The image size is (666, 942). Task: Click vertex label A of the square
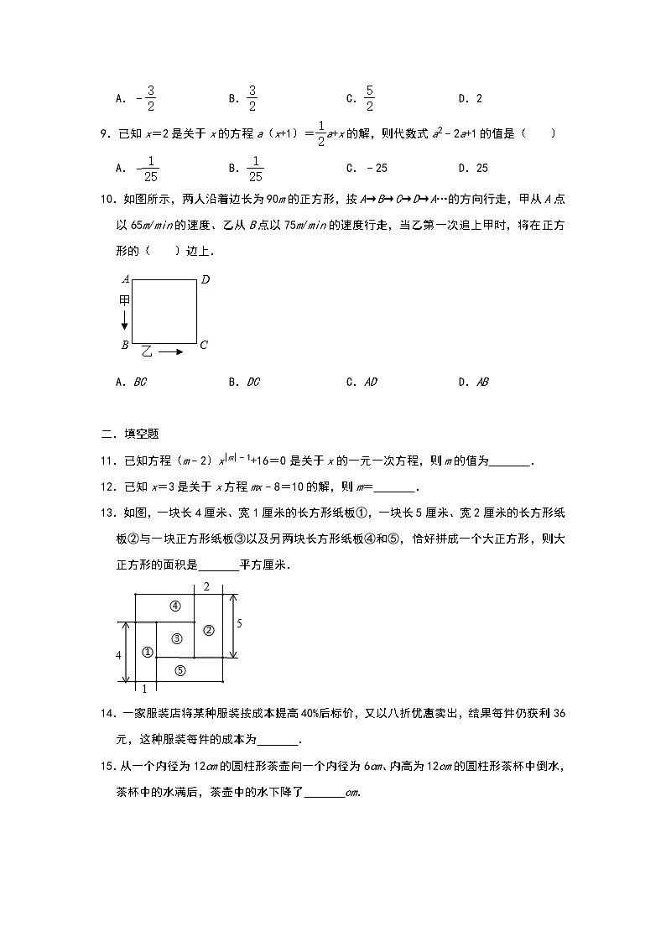(125, 279)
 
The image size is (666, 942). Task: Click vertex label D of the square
(205, 279)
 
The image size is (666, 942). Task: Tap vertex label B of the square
(124, 345)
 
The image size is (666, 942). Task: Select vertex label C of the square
(204, 345)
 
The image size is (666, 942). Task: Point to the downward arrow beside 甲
(124, 319)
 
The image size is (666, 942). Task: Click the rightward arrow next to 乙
(171, 352)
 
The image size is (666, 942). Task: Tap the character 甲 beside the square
(124, 299)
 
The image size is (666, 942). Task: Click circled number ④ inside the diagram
(175, 606)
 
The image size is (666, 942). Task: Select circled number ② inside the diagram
(209, 630)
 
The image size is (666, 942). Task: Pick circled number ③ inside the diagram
(176, 639)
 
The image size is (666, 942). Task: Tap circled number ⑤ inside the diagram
(180, 669)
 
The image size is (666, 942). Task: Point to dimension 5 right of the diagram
(239, 624)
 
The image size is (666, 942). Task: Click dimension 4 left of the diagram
(119, 654)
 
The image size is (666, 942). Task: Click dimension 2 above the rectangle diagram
(206, 586)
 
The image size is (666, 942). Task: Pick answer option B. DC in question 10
(244, 382)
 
